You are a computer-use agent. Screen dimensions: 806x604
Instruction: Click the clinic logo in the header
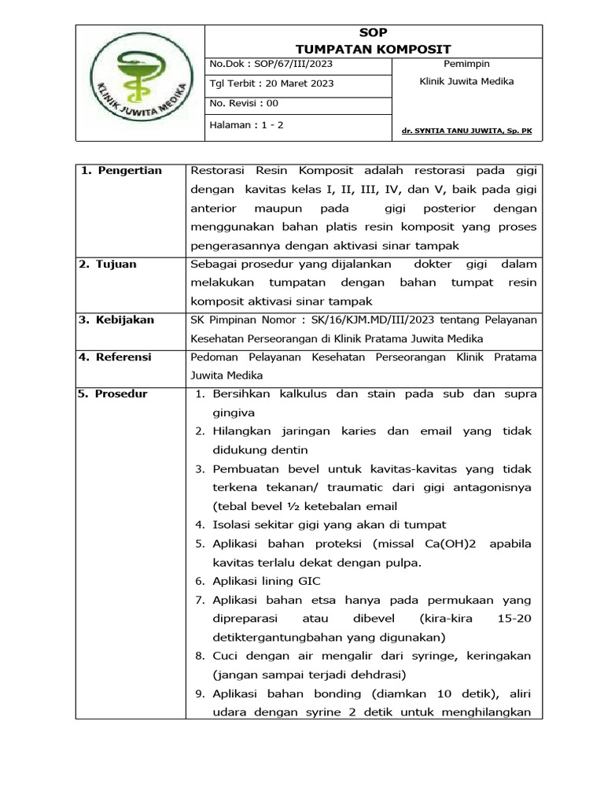(x=140, y=83)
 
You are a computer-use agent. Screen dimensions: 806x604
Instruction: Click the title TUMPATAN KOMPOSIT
(x=374, y=49)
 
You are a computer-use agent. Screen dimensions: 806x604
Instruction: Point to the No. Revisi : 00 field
(x=244, y=103)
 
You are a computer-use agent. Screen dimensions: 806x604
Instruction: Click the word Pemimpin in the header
(x=466, y=64)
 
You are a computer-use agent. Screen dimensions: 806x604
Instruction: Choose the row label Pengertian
(x=130, y=170)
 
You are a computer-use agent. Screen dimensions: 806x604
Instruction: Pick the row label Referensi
(x=123, y=357)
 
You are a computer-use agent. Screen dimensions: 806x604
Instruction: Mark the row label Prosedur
(x=120, y=394)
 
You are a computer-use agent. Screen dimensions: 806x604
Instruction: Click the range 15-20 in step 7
(x=514, y=619)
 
